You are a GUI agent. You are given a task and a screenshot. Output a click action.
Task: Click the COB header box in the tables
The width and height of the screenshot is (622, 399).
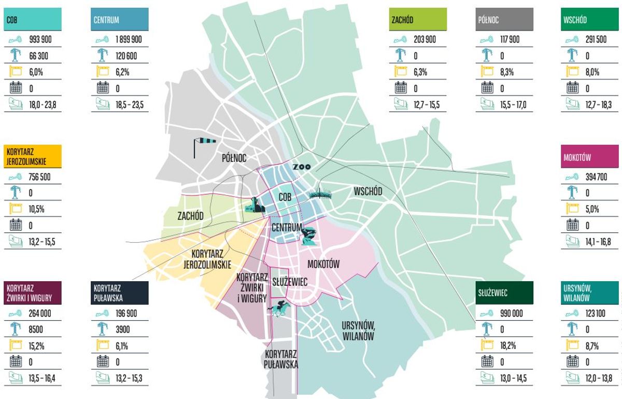33,20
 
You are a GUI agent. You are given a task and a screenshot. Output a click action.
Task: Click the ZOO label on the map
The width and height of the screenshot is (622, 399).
301,167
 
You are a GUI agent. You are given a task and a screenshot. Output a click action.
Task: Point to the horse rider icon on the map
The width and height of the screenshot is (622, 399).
279,308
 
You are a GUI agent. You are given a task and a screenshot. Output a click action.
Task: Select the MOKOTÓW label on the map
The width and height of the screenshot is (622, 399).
323,264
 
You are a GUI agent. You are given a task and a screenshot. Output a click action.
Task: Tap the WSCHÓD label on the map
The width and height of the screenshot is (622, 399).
368,191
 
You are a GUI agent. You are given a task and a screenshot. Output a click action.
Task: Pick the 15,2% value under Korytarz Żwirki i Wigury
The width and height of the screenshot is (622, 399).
36,346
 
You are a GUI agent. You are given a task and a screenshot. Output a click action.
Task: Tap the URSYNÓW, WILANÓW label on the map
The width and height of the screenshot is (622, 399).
358,331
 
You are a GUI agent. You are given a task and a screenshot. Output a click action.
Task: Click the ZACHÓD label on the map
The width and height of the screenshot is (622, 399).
190,216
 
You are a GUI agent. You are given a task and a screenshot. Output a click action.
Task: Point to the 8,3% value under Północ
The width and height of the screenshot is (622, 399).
506,72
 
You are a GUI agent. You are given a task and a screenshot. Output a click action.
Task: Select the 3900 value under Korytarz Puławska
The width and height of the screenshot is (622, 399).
122,330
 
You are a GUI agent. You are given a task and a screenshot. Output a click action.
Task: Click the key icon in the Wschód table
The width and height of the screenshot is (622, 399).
572,39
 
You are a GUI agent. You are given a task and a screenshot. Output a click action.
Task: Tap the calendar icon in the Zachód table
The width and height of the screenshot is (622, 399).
401,88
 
